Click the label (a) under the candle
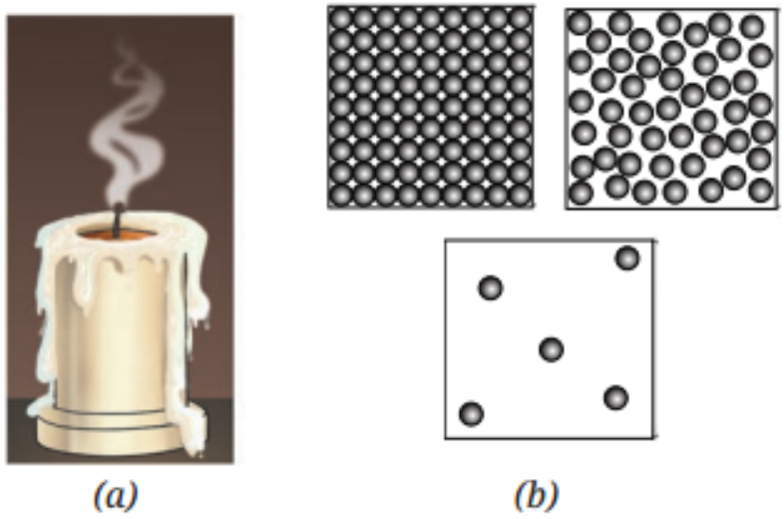(116, 495)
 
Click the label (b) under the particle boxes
(537, 495)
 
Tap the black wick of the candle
(118, 221)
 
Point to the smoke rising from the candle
(128, 125)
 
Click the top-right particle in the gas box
(627, 258)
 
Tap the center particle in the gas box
(552, 349)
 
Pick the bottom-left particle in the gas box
(472, 414)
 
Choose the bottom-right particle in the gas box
(616, 398)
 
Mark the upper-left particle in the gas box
(491, 287)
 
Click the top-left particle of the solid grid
(342, 19)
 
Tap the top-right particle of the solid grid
(520, 19)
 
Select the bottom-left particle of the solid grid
(342, 195)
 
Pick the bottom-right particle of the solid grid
(520, 195)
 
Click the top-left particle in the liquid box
(580, 23)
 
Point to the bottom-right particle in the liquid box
(761, 191)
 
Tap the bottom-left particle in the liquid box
(581, 194)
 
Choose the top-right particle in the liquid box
(752, 27)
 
